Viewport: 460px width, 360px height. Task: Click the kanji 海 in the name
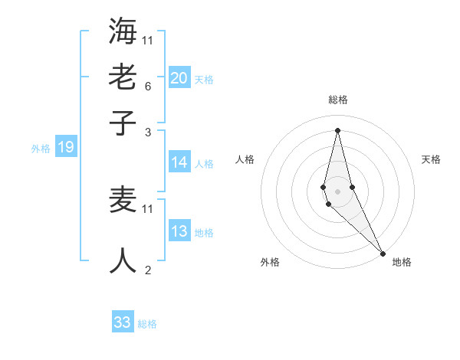click(123, 31)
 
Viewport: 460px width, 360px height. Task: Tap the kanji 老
click(123, 77)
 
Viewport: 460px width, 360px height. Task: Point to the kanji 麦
click(123, 200)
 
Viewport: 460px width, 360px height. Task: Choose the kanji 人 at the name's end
click(123, 260)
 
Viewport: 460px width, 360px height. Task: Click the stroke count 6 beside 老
click(147, 87)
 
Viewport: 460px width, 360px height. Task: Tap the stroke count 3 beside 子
click(147, 133)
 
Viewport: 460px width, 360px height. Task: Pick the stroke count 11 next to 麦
click(148, 208)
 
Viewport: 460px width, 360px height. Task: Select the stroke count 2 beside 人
click(147, 270)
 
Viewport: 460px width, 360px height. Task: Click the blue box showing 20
click(179, 77)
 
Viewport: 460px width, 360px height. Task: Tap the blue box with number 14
click(179, 162)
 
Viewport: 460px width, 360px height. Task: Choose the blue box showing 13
click(179, 231)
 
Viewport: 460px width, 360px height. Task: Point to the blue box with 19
click(66, 147)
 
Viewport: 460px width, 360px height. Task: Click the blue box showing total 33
click(123, 322)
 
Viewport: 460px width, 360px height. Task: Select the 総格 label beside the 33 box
click(147, 324)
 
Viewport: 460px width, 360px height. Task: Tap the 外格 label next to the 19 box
click(40, 149)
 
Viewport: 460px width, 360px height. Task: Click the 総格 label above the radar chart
click(337, 100)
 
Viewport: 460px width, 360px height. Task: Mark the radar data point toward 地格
click(383, 253)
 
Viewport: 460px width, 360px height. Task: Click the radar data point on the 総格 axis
click(337, 129)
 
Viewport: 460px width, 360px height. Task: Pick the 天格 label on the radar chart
click(431, 159)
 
